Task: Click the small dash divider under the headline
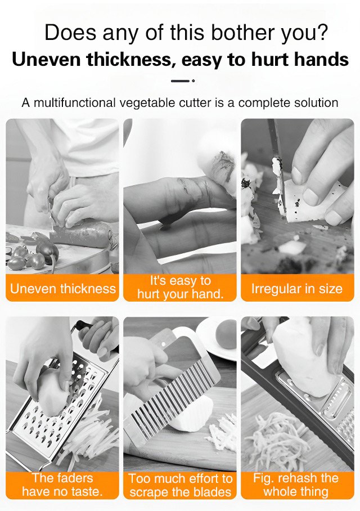[x=183, y=80]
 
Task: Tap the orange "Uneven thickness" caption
[x=62, y=288]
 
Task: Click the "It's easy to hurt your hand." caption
[x=180, y=288]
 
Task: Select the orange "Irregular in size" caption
[x=297, y=288]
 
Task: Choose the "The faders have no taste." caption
[x=62, y=485]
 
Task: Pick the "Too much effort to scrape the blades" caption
[x=180, y=485]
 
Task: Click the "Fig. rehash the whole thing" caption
[x=297, y=485]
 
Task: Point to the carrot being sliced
[x=81, y=234]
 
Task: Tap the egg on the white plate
[x=226, y=334]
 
